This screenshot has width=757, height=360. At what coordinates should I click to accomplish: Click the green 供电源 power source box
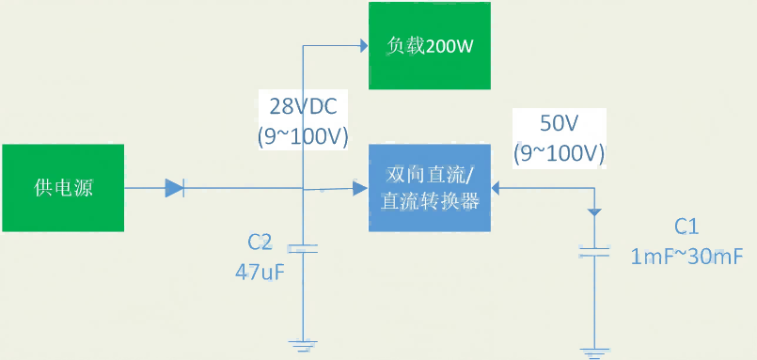[x=63, y=187]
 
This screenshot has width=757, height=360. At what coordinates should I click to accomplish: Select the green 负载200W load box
[x=429, y=46]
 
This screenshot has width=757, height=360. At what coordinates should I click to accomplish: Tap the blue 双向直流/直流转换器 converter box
[x=430, y=188]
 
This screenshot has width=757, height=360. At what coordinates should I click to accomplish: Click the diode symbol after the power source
[x=174, y=188]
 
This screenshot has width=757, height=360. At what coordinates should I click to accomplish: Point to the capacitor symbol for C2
[x=303, y=248]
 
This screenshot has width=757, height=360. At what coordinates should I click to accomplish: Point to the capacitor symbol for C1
[x=593, y=251]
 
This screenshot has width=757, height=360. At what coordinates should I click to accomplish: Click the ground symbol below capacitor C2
[x=303, y=344]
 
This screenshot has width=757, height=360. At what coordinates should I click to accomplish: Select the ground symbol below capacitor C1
[x=593, y=352]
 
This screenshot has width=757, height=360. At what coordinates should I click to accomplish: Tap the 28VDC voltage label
[x=303, y=105]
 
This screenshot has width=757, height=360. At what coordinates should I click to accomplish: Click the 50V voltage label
[x=560, y=123]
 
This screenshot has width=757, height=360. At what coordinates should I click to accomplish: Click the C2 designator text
[x=260, y=243]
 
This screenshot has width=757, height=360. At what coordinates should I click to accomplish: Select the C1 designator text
[x=687, y=227]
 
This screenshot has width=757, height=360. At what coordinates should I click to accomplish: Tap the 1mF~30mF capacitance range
[x=687, y=256]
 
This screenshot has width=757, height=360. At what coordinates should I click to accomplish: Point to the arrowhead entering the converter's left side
[x=360, y=189]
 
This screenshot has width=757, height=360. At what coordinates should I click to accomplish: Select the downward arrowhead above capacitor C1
[x=593, y=212]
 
